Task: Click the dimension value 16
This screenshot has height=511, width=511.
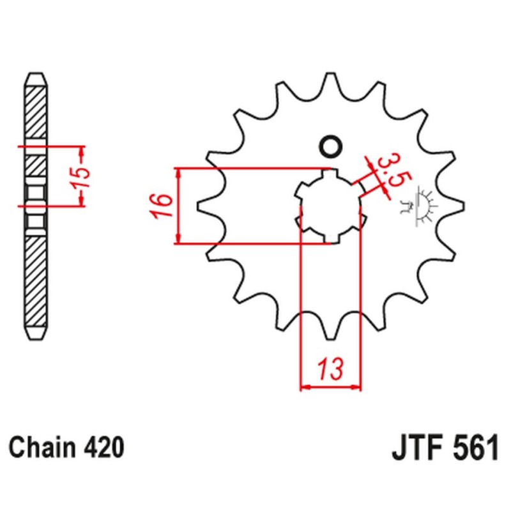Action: (161, 206)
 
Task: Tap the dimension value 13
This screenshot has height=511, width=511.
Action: (331, 369)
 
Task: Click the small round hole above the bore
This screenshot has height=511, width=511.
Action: (331, 147)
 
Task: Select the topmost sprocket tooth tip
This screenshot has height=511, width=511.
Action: (331, 74)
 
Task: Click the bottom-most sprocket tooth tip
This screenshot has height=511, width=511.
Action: (331, 338)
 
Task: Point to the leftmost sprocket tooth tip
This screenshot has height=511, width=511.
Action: (198, 206)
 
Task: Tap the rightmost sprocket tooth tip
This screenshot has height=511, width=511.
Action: (463, 206)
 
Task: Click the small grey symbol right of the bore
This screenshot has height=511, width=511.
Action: (418, 206)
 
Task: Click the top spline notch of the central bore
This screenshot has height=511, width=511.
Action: (331, 173)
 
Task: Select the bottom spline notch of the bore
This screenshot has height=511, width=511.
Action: (331, 239)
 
